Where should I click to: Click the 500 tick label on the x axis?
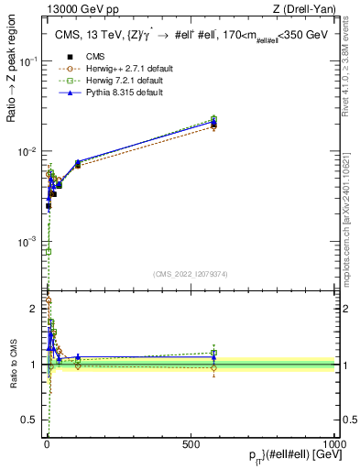(191, 444)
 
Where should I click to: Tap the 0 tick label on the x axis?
(47, 444)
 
